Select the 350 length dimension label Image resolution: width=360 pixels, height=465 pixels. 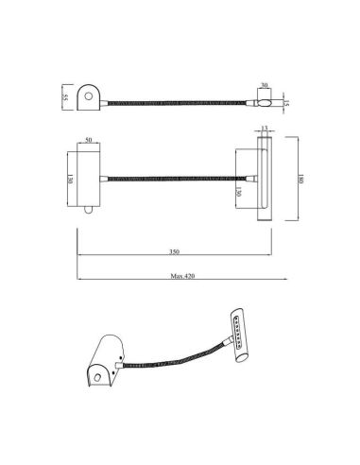173,253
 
